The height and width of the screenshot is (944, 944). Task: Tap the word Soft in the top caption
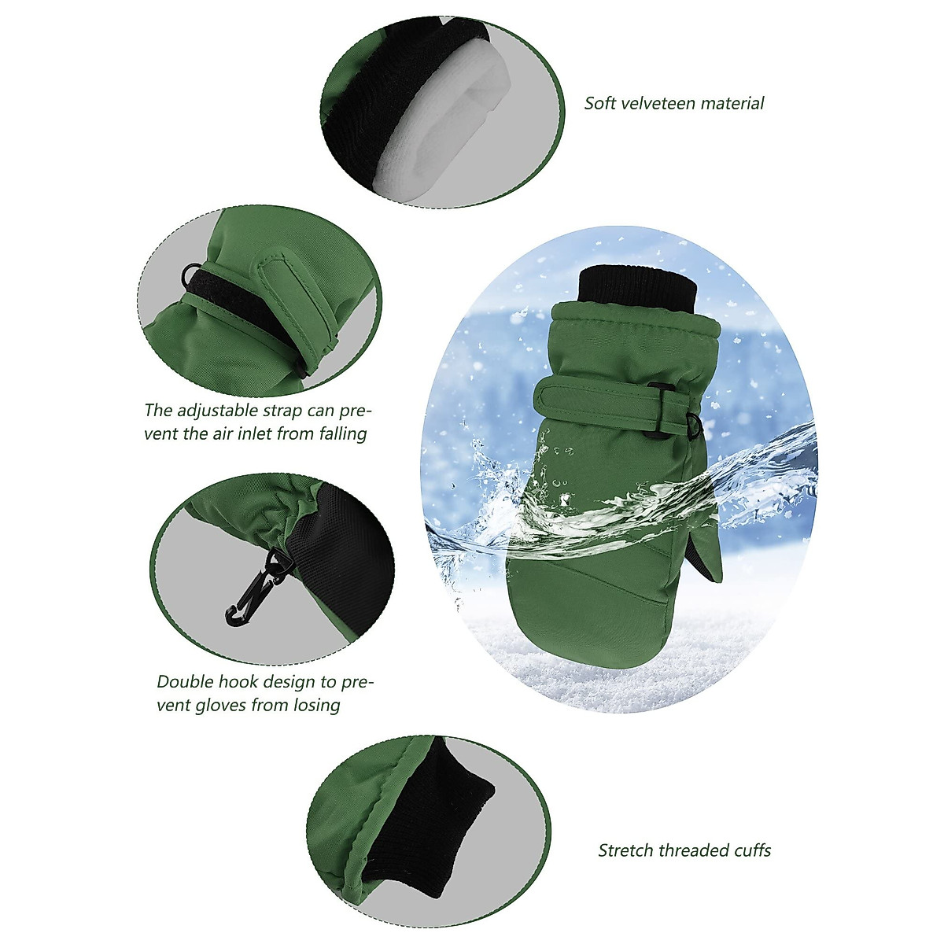pos(599,103)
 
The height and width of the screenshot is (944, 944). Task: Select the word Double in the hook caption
pos(184,681)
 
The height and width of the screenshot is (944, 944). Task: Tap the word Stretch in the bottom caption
pos(625,850)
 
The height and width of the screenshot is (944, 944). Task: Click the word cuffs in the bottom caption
pos(750,850)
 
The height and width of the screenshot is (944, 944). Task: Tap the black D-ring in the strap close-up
pos(190,275)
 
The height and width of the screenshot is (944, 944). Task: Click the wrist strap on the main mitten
pos(598,401)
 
